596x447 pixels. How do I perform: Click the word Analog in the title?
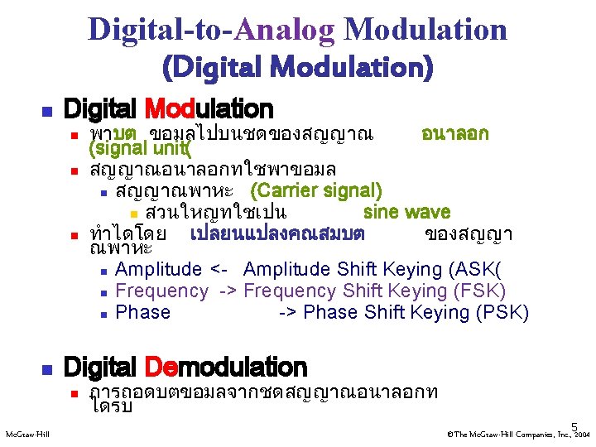click(x=286, y=30)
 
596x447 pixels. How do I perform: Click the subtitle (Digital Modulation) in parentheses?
click(x=298, y=66)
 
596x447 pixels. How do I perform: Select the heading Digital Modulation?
click(x=168, y=108)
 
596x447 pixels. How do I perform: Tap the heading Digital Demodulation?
click(x=185, y=367)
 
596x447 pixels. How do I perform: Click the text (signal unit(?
click(x=140, y=149)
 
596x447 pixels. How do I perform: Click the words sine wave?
click(x=406, y=212)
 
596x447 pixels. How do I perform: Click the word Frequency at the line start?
click(x=162, y=291)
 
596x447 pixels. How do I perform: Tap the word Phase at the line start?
click(x=143, y=312)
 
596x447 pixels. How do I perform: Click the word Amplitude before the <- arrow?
click(x=159, y=269)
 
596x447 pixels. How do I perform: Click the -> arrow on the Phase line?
click(x=290, y=312)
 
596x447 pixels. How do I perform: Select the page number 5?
click(x=573, y=426)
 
